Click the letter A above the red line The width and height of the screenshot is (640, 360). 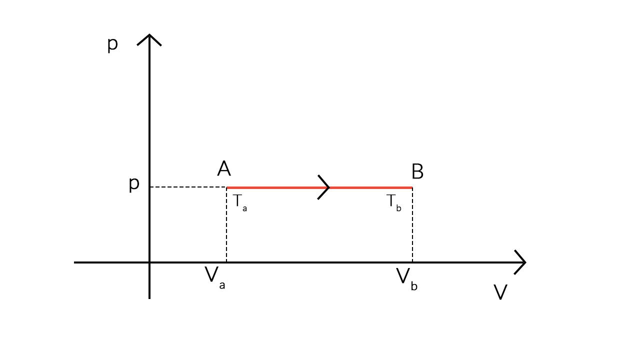pos(224,169)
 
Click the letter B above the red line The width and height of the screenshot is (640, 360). pos(417,172)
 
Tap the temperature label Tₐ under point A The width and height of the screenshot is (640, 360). pos(239,202)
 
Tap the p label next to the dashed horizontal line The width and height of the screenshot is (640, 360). pos(134,184)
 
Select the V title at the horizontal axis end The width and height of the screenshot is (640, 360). pos(500,292)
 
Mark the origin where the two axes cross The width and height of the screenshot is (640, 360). pos(149,262)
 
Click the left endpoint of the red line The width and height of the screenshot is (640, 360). pos(227,187)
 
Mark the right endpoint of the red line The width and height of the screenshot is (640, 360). pos(412,187)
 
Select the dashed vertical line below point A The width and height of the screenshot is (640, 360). pos(226,225)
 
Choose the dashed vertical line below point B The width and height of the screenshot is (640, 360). pos(412,225)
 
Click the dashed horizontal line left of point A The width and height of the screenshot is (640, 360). pos(188,187)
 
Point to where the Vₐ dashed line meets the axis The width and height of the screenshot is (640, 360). pos(226,262)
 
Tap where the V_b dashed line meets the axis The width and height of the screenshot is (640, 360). pos(412,262)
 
